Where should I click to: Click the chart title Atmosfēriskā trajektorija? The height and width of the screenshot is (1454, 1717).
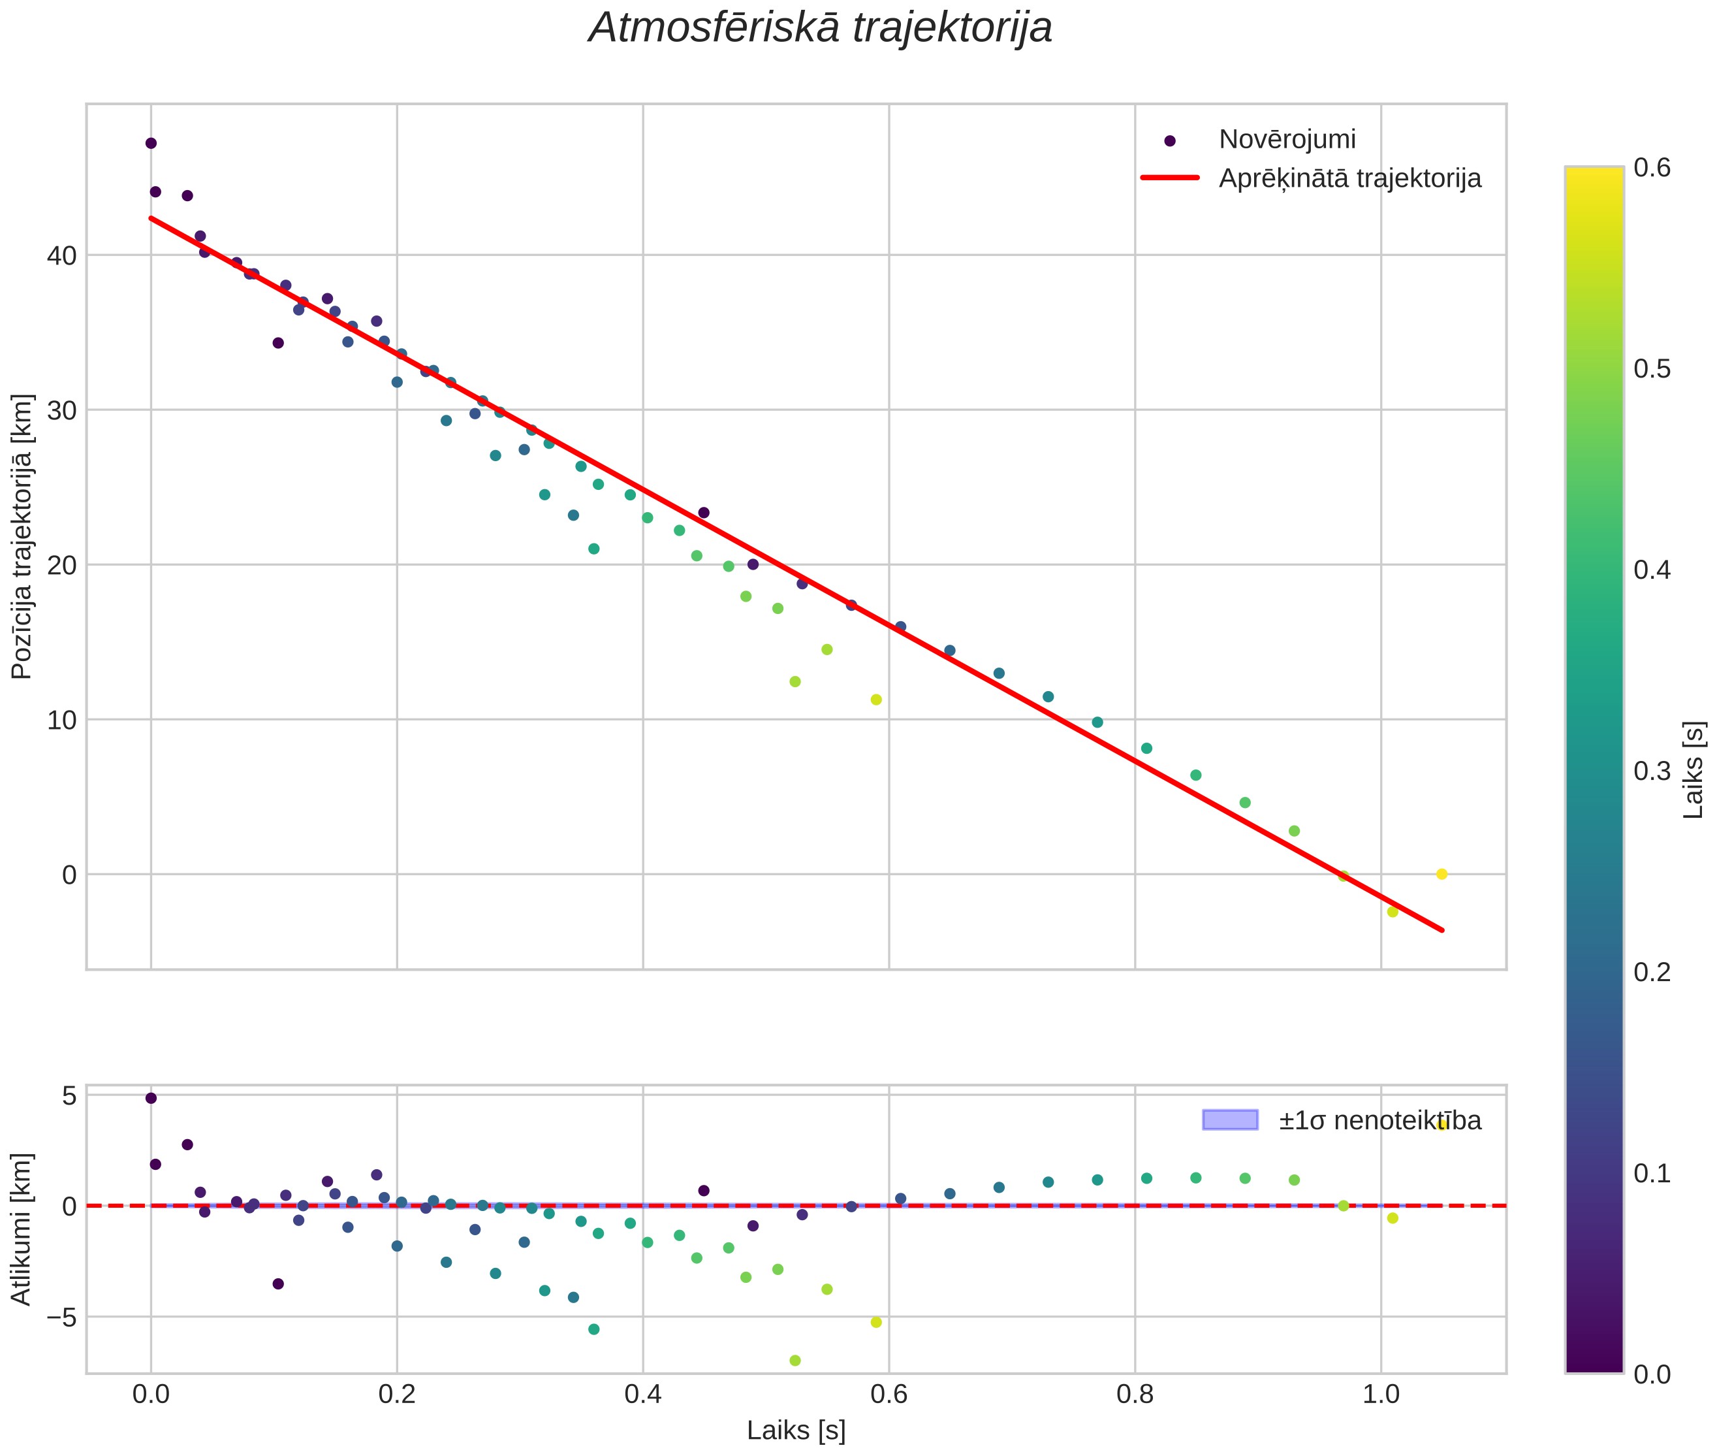[820, 28]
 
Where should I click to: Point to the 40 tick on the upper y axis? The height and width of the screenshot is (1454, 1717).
[61, 255]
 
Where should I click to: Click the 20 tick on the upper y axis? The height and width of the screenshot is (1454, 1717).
[61, 566]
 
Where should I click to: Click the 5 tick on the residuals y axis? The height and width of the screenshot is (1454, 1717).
[69, 1096]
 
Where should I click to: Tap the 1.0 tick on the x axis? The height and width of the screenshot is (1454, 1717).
[1381, 1395]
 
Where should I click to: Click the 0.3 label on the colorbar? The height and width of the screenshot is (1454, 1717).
[1651, 771]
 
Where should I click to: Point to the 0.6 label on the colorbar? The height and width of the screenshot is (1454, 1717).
[1651, 168]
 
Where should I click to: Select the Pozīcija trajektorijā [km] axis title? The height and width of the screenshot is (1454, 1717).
[22, 537]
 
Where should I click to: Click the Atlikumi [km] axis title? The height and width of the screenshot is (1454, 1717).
[22, 1229]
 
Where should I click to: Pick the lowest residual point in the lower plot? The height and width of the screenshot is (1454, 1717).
[795, 1361]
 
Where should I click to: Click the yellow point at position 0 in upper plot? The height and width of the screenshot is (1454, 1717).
[1441, 875]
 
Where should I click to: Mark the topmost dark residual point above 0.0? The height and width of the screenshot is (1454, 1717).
[151, 1098]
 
